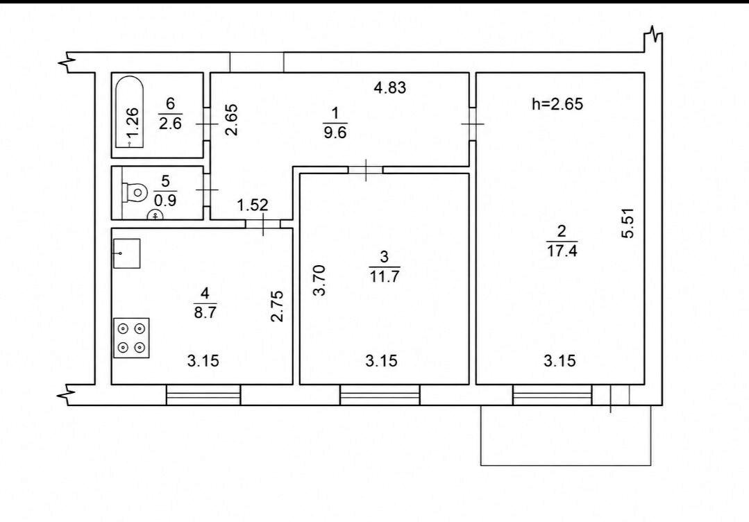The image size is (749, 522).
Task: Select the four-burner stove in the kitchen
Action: (131, 337)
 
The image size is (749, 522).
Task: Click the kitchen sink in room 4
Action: (126, 253)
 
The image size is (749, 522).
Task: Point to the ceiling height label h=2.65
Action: (557, 103)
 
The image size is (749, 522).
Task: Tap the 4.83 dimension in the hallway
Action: (390, 88)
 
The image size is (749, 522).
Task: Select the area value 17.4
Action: (562, 251)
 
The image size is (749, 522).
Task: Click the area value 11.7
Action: (385, 276)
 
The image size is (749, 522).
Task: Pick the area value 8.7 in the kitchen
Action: (205, 312)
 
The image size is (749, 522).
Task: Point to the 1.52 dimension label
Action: (253, 205)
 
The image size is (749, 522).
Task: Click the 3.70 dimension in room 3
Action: (319, 280)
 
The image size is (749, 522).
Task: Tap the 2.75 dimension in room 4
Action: (277, 306)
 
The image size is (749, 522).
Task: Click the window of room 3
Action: (380, 395)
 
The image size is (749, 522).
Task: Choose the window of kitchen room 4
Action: (203, 395)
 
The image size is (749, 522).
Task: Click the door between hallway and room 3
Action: (365, 170)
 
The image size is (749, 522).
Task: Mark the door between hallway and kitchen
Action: (263, 224)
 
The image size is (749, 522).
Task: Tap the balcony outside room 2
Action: (566, 435)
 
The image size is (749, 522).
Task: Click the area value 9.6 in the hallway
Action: (335, 133)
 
